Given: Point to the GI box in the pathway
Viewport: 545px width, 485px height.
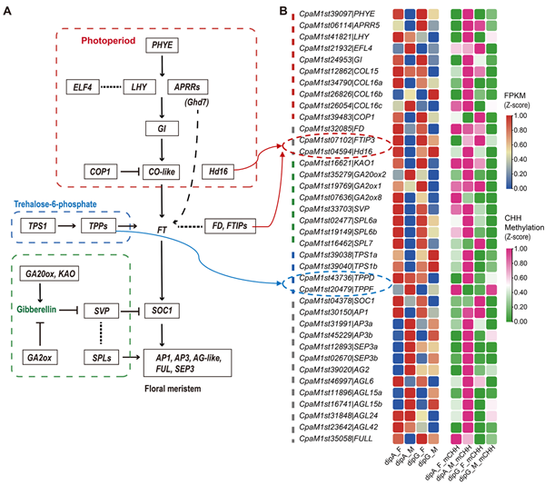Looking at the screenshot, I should tap(161, 130).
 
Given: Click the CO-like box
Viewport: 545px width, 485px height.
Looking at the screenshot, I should tap(161, 171).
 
